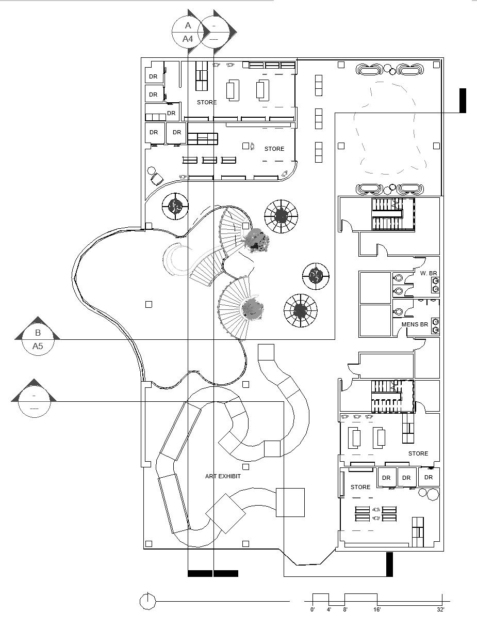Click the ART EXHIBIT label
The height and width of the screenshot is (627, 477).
pyautogui.click(x=223, y=476)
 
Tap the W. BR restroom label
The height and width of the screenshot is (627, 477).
pyautogui.click(x=429, y=273)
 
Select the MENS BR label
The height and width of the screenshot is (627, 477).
pyautogui.click(x=415, y=325)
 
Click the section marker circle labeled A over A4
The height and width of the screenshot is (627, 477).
pyautogui.click(x=188, y=32)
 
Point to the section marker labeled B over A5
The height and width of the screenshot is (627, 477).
pyautogui.click(x=38, y=339)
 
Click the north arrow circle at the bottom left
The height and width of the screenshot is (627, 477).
pyautogui.click(x=147, y=601)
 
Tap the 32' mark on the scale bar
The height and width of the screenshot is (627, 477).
pyautogui.click(x=440, y=610)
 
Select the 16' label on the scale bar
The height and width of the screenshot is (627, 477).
pyautogui.click(x=377, y=610)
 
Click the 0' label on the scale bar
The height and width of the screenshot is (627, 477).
pyautogui.click(x=312, y=610)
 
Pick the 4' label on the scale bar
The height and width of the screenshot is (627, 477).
pyautogui.click(x=328, y=610)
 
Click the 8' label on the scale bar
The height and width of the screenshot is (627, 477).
pyautogui.click(x=345, y=610)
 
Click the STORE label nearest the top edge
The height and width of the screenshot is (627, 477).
pyautogui.click(x=207, y=102)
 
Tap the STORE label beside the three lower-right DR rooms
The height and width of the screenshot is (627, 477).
pyautogui.click(x=360, y=487)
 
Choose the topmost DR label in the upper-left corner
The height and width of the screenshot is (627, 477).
pyautogui.click(x=153, y=76)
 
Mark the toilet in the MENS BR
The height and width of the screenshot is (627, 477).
pyautogui.click(x=398, y=312)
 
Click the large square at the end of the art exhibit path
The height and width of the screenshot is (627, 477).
pyautogui.click(x=290, y=502)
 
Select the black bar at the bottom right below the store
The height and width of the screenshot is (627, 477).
pyautogui.click(x=389, y=564)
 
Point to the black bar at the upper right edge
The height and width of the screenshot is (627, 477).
pyautogui.click(x=463, y=100)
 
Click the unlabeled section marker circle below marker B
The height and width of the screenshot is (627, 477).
pyautogui.click(x=34, y=402)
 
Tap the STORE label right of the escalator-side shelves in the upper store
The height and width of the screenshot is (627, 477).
pyautogui.click(x=274, y=149)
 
